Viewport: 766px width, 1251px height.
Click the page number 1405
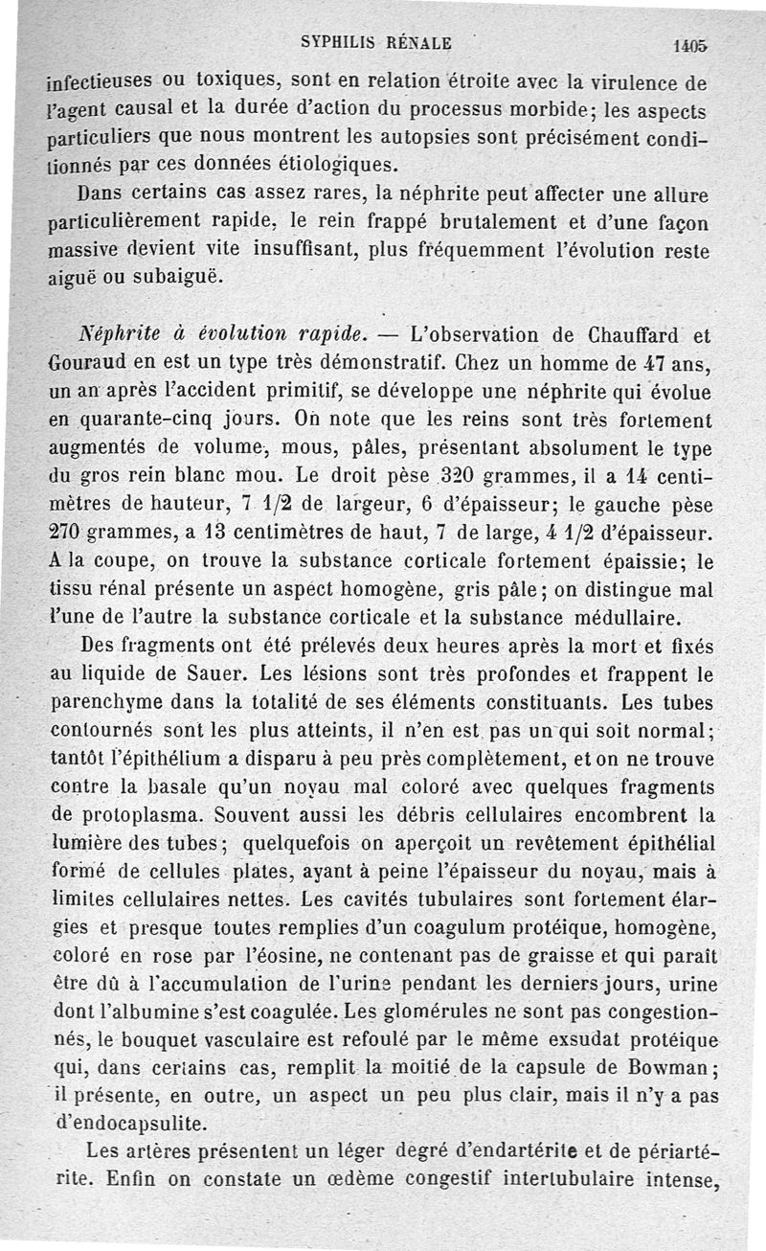689,44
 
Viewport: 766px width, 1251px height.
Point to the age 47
633,365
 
